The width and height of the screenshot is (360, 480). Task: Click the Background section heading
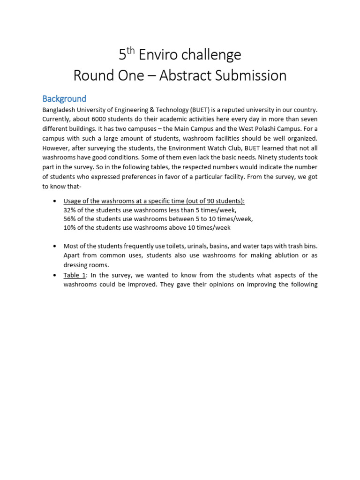(x=64, y=99)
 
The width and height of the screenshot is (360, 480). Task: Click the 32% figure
(x=70, y=210)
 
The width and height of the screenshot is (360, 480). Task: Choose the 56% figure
(x=70, y=219)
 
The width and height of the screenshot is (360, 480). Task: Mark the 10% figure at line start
(x=70, y=228)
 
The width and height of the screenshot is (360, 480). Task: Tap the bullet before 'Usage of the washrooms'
(x=55, y=201)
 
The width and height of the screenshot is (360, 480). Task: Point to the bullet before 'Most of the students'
(x=55, y=246)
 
